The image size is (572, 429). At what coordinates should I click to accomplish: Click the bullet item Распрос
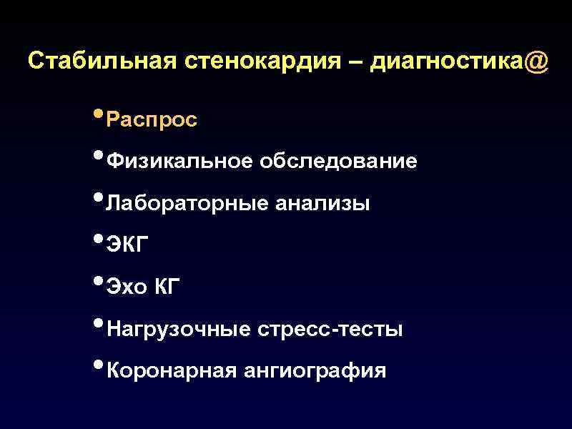coord(151,120)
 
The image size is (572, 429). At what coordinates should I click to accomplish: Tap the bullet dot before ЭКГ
coord(98,242)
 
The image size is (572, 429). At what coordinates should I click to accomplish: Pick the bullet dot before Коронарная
coord(98,368)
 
